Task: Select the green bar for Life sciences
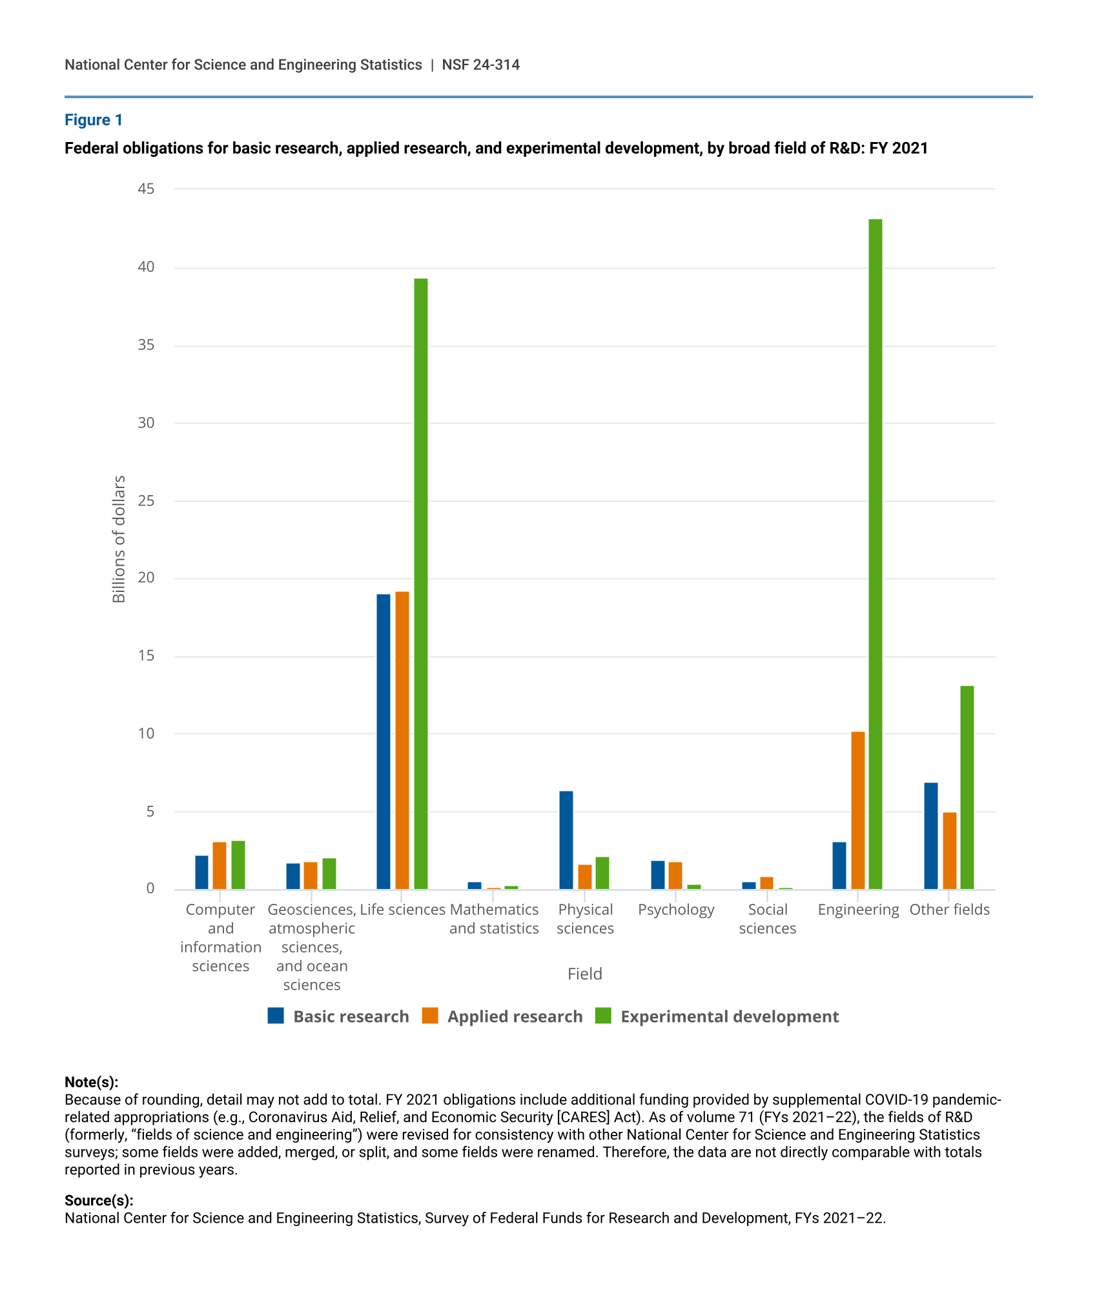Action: [x=420, y=584]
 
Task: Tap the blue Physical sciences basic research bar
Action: [x=566, y=840]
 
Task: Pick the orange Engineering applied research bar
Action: [x=857, y=810]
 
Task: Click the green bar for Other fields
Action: [x=967, y=787]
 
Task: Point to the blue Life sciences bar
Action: [x=384, y=741]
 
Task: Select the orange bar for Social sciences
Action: [x=766, y=883]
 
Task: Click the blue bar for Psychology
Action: [x=657, y=875]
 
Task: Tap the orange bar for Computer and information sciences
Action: [x=220, y=865]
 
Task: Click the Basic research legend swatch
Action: [x=276, y=1016]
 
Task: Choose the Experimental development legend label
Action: [x=729, y=1016]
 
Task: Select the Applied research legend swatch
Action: [x=430, y=1016]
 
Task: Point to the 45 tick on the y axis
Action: [x=146, y=189]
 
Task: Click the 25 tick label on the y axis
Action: [x=146, y=500]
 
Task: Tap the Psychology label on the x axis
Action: [x=676, y=909]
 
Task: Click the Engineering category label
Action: [x=858, y=909]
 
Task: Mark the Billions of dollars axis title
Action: [x=119, y=539]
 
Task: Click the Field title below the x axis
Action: [x=584, y=974]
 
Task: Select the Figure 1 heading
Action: [x=94, y=120]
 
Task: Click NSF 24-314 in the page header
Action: [x=480, y=65]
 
